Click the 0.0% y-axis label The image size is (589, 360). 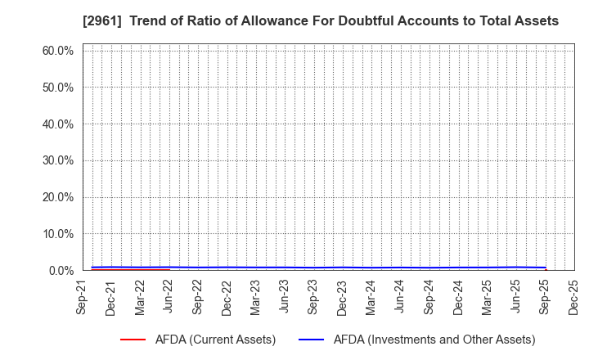click(60, 270)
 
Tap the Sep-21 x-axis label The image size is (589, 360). click(83, 298)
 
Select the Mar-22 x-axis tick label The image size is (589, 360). click(140, 298)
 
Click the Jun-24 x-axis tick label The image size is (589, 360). click(399, 298)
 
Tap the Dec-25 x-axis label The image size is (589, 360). click(573, 298)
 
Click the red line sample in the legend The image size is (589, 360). click(133, 340)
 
